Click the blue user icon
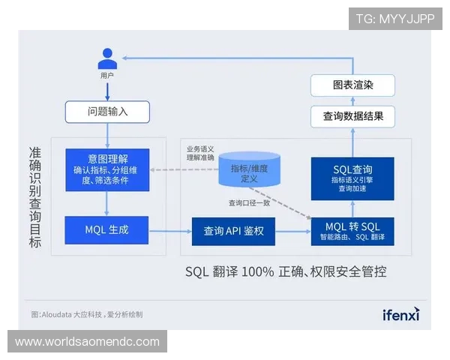click(x=107, y=58)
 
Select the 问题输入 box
click(x=107, y=112)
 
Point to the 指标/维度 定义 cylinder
click(x=249, y=171)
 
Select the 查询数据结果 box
click(x=352, y=116)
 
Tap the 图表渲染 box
click(x=352, y=85)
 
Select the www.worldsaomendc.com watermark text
click(x=87, y=342)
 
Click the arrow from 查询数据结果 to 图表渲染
click(x=352, y=101)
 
